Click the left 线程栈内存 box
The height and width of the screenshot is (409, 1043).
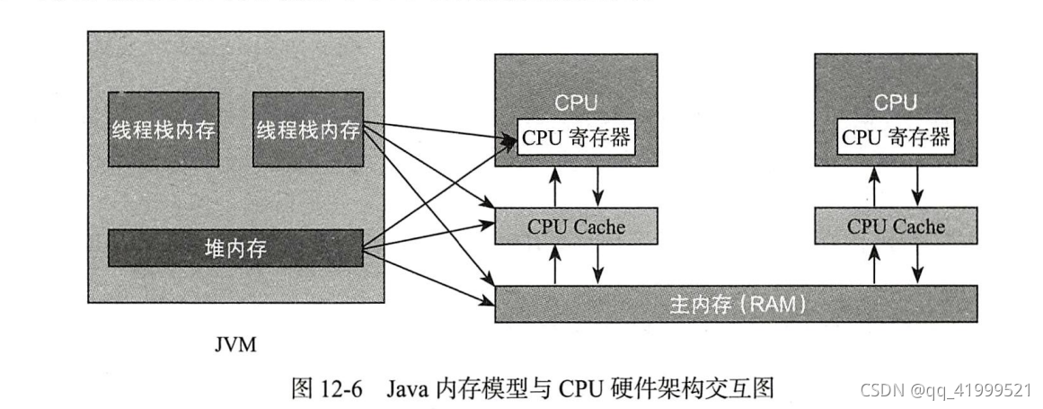(163, 129)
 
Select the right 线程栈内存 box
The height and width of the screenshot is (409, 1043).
(307, 129)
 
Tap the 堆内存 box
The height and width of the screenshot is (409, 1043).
(235, 247)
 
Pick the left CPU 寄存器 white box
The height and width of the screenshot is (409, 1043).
(576, 138)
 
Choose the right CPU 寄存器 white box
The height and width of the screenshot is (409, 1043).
(896, 138)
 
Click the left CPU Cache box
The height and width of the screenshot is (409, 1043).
(576, 226)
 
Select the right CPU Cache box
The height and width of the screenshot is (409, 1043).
(896, 226)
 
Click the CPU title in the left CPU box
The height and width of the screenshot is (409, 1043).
(576, 102)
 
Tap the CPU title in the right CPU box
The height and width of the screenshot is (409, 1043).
(896, 102)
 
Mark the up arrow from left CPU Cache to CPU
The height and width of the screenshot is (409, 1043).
(555, 186)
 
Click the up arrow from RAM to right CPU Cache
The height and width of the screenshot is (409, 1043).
(874, 264)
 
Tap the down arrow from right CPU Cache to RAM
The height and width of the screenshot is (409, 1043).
(917, 264)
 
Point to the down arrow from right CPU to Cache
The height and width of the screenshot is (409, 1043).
(917, 186)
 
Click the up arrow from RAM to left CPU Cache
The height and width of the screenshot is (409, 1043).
(555, 264)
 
